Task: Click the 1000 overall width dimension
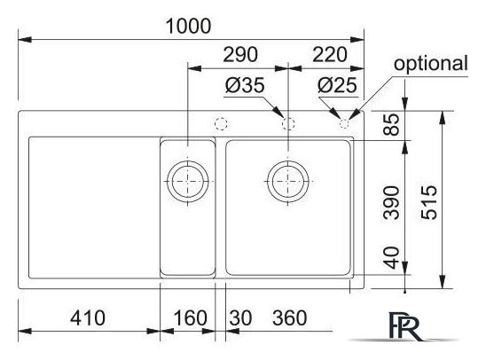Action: pos(188,26)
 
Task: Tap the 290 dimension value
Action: pos(240,55)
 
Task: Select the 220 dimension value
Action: pos(330,55)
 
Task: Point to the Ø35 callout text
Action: pos(245,85)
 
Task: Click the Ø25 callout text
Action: pos(337,85)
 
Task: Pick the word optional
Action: pos(430,64)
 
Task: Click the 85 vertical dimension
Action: pos(391,124)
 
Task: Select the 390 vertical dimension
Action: pos(391,203)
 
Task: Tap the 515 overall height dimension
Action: pos(429,203)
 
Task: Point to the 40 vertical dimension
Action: pos(391,257)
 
